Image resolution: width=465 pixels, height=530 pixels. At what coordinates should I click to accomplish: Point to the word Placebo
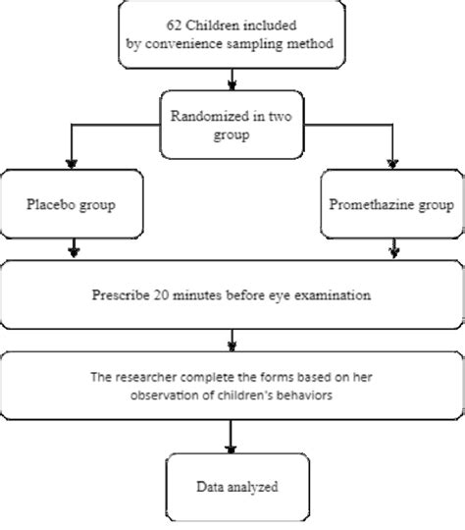pos(48,206)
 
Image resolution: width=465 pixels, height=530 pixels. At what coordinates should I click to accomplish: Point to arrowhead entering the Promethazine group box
pos(391,164)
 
